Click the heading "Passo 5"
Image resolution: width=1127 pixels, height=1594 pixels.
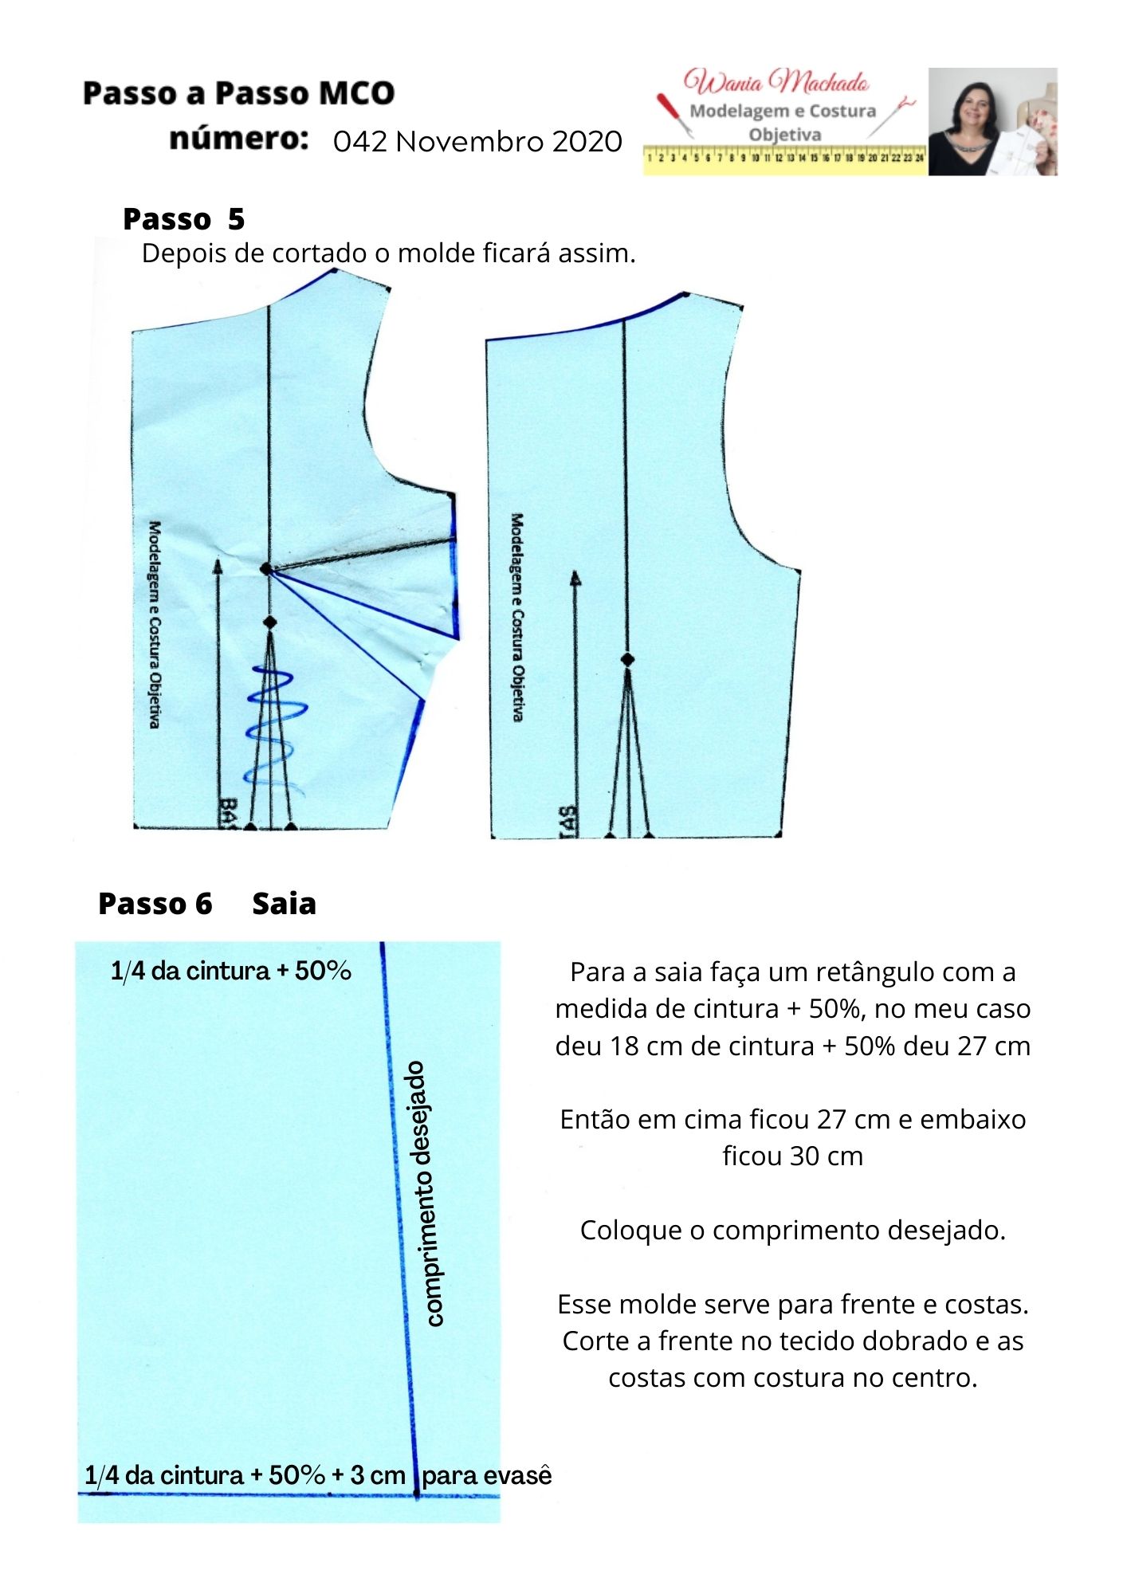(x=183, y=219)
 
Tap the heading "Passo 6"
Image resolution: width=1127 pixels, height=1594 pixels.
(x=155, y=904)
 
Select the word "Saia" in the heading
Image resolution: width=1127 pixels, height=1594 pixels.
(x=284, y=904)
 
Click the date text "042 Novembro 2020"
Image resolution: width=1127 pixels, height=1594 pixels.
(x=477, y=142)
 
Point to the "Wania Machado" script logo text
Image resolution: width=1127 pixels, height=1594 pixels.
(x=776, y=82)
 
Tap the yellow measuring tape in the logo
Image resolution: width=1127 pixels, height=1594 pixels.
(x=785, y=159)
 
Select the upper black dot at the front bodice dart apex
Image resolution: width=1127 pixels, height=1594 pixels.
(x=265, y=569)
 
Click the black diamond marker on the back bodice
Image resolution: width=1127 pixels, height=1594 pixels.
(x=627, y=660)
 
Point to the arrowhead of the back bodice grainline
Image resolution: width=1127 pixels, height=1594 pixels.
(x=575, y=578)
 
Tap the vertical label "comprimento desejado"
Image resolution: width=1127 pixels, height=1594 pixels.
(x=426, y=1193)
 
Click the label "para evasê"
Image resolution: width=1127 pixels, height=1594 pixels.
(x=486, y=1475)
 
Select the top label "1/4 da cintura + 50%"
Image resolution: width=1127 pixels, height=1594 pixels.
(x=231, y=971)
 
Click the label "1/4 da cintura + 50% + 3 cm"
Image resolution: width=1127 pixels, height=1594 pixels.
(x=245, y=1474)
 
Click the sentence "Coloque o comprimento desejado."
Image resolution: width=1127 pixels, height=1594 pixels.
(x=792, y=1230)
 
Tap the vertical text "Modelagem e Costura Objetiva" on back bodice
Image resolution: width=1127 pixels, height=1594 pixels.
(x=517, y=617)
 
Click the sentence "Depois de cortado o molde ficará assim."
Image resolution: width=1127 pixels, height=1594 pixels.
(x=388, y=253)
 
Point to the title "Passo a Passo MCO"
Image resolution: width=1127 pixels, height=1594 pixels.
(x=238, y=93)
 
